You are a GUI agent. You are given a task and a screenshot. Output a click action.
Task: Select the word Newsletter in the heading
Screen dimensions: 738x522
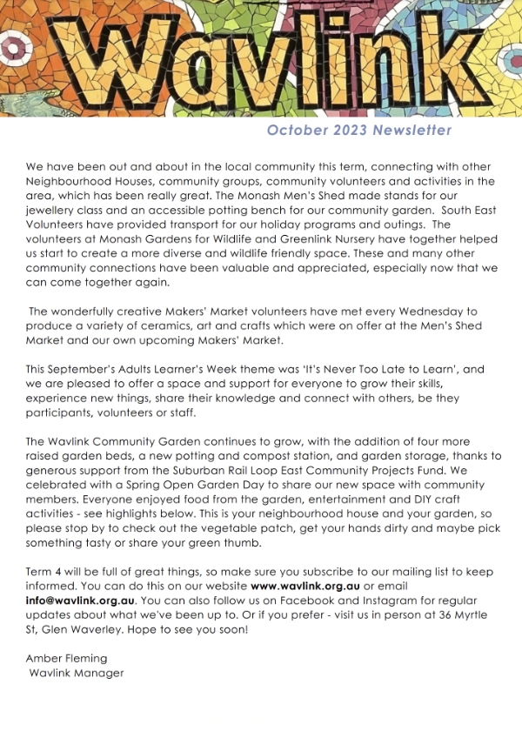(x=412, y=131)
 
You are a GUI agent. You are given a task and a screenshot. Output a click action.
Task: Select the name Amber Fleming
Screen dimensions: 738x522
(x=66, y=659)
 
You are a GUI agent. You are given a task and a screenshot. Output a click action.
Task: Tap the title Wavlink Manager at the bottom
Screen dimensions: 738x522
(x=77, y=673)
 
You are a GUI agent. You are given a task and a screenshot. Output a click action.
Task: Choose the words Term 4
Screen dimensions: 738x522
(x=46, y=573)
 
